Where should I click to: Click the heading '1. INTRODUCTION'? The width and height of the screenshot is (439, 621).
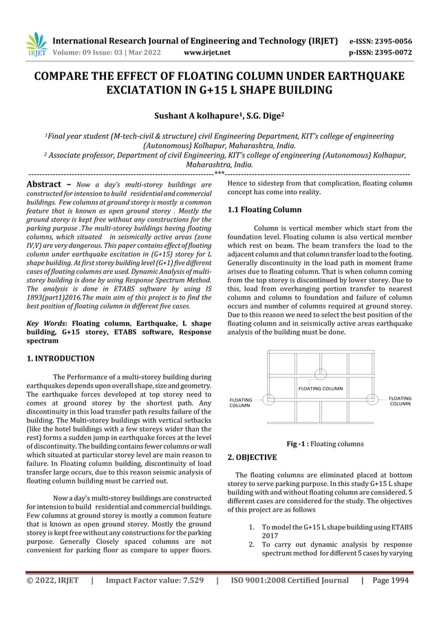click(x=61, y=359)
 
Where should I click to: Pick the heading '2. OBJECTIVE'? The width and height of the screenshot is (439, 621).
click(x=252, y=456)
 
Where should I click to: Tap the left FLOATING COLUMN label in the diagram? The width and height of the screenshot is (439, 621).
click(x=240, y=402)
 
